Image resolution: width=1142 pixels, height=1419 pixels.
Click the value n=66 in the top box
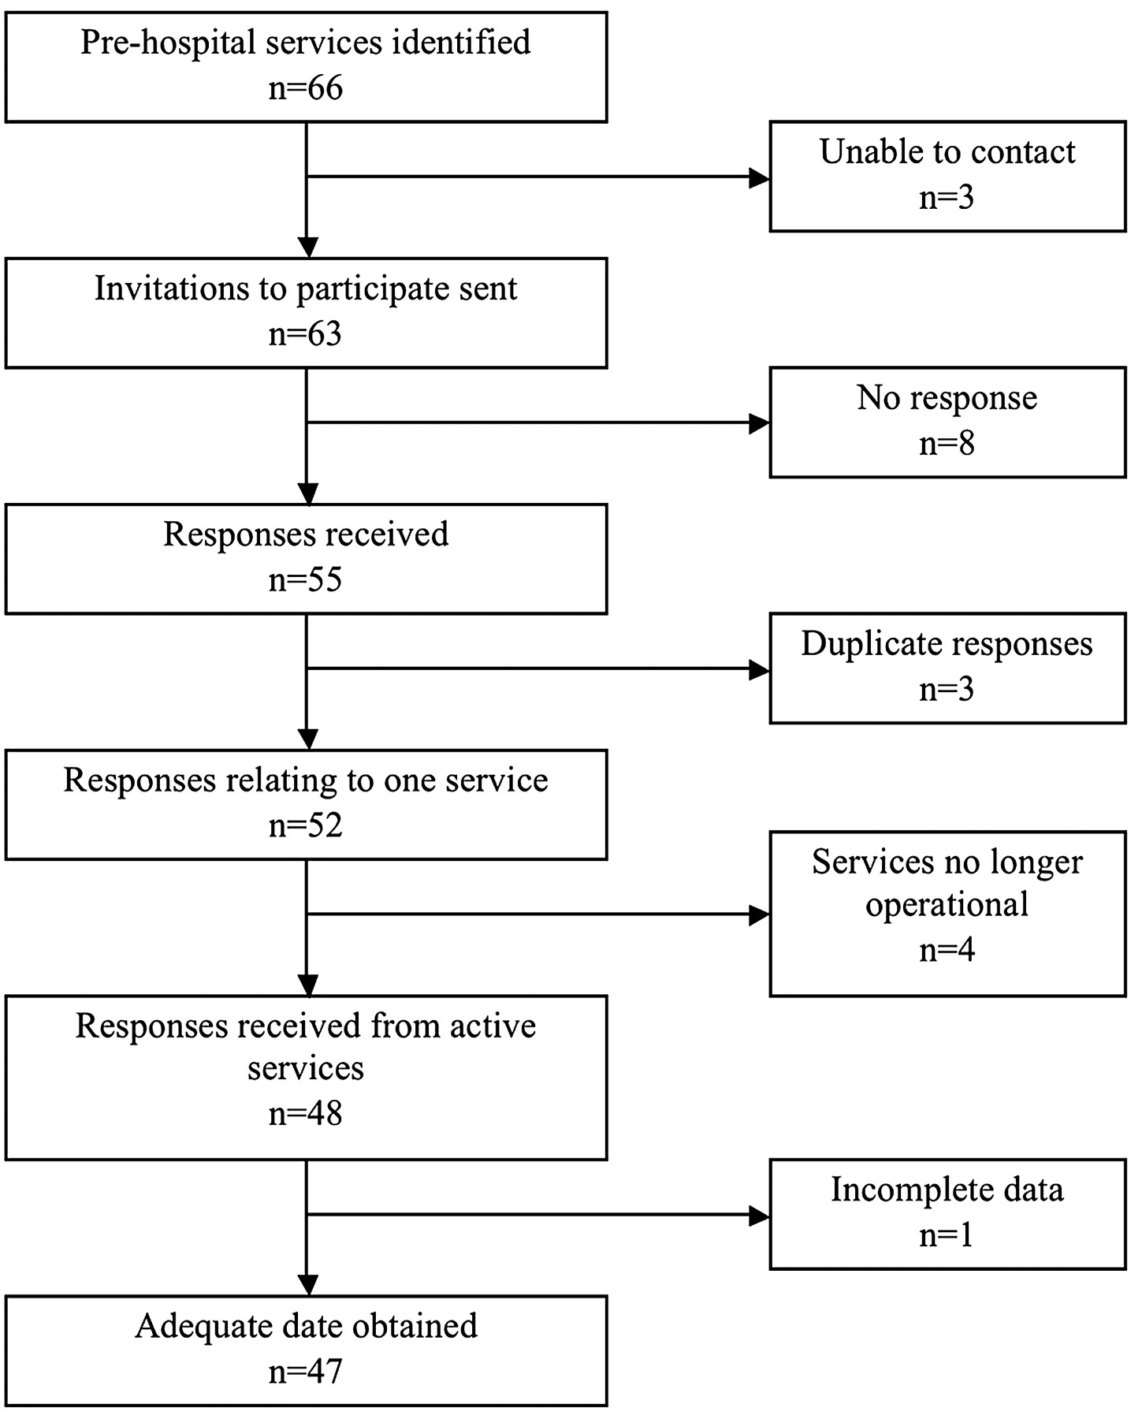(306, 88)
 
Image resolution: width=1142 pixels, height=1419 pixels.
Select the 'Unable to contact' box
(947, 177)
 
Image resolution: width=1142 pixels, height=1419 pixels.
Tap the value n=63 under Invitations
(306, 333)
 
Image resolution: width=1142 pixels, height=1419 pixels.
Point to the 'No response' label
(947, 397)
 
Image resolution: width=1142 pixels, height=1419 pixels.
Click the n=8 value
(947, 443)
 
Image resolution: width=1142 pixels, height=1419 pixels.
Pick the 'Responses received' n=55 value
(306, 579)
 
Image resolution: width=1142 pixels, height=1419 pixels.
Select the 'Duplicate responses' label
(947, 644)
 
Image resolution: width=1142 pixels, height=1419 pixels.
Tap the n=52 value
(306, 825)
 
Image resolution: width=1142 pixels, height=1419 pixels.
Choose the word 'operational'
(947, 904)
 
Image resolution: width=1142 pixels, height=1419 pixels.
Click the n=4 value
(947, 949)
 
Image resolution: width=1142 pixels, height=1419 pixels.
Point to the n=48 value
(306, 1113)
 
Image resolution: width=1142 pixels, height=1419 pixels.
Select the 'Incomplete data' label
(947, 1190)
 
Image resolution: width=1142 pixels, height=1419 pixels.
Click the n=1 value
(947, 1235)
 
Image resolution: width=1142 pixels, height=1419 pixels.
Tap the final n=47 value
(306, 1372)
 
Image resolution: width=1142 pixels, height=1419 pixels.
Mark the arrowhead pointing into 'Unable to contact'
(759, 177)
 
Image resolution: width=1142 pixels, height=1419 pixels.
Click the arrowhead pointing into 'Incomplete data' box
(759, 1215)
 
